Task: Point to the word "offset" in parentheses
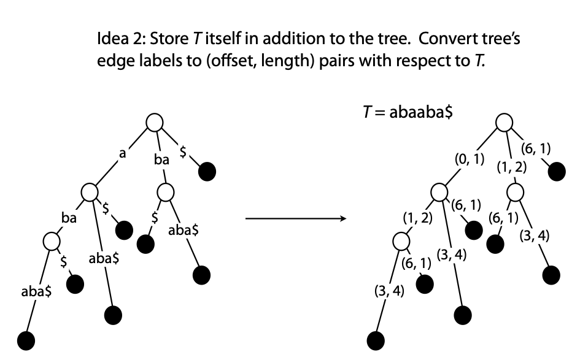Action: point(207,65)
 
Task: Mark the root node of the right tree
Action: point(503,123)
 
